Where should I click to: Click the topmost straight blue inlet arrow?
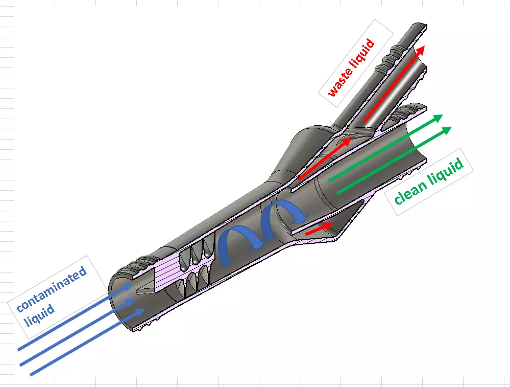[71, 317]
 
